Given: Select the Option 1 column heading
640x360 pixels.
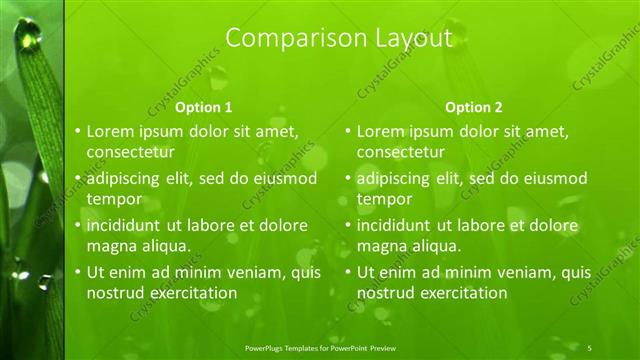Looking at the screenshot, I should pyautogui.click(x=204, y=107).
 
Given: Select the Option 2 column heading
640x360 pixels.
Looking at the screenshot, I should pyautogui.click(x=474, y=107).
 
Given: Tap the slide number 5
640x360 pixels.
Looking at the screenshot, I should pyautogui.click(x=590, y=346).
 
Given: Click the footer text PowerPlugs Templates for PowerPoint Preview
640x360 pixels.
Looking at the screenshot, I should pyautogui.click(x=327, y=346).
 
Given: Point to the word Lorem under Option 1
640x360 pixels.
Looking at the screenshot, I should pyautogui.click(x=110, y=131).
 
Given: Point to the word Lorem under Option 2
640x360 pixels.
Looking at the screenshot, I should pyautogui.click(x=380, y=131).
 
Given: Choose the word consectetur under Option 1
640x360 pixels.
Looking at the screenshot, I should pyautogui.click(x=131, y=152).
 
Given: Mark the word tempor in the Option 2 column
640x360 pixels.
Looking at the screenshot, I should pyautogui.click(x=384, y=199).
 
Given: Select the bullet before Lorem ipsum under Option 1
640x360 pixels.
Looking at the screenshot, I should pyautogui.click(x=77, y=131).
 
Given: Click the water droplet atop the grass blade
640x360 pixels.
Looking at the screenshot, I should pyautogui.click(x=31, y=38).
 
